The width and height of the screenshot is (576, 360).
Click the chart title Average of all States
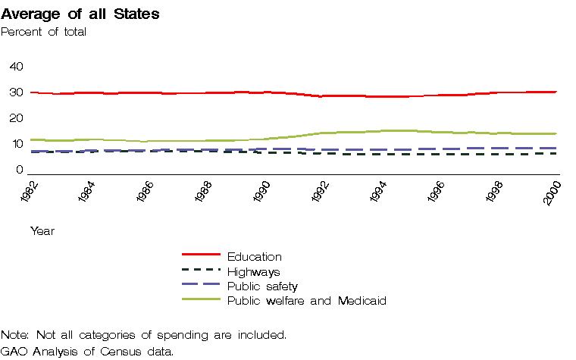point(80,14)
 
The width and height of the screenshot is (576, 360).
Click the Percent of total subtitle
point(43,31)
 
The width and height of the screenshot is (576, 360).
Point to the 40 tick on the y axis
point(16,67)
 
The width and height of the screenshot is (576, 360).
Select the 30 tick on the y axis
point(16,92)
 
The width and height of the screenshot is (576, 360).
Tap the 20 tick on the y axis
point(16,118)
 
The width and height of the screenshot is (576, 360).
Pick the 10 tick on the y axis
point(16,144)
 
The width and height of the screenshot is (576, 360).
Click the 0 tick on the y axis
point(19,170)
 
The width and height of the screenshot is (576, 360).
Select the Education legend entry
point(254,257)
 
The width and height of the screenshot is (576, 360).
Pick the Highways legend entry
point(254,271)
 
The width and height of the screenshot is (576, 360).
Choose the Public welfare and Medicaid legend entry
point(307,301)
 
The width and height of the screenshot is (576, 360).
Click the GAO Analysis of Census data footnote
point(87,351)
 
